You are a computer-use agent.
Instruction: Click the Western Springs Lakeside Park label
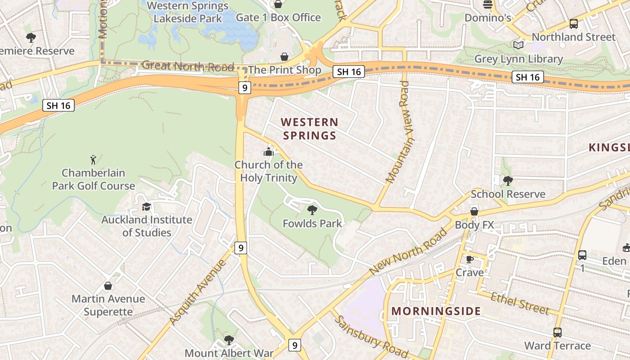(188, 12)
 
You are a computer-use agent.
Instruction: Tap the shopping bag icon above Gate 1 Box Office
(278, 4)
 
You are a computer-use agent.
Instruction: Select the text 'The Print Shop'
(284, 70)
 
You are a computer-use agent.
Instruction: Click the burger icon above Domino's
(487, 4)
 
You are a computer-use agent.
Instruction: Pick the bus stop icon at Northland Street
(573, 24)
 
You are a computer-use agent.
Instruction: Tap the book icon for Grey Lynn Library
(518, 45)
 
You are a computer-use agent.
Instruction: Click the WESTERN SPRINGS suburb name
(309, 129)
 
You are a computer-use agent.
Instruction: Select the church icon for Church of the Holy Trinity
(269, 152)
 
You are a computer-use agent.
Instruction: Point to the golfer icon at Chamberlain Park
(93, 160)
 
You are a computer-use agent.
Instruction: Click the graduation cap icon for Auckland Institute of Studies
(146, 207)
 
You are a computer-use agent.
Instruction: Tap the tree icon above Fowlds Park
(312, 210)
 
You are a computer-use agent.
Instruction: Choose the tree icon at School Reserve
(508, 181)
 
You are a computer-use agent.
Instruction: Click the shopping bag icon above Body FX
(474, 211)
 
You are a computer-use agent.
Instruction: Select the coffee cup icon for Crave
(469, 259)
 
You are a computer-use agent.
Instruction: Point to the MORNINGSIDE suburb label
(436, 311)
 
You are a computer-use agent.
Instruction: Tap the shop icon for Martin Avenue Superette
(108, 286)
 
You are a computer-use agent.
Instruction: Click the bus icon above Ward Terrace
(557, 333)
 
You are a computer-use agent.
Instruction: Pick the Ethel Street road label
(520, 303)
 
